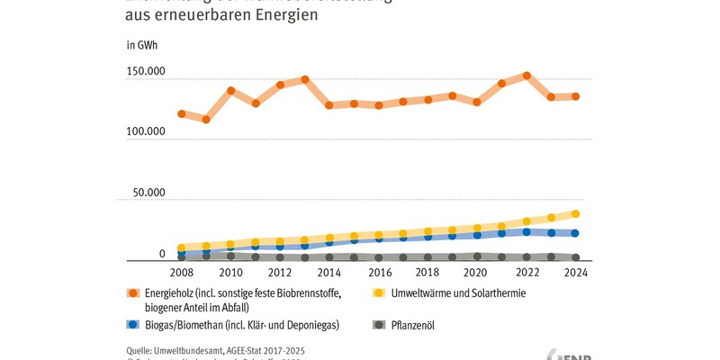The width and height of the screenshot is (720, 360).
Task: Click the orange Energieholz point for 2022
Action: coord(526,76)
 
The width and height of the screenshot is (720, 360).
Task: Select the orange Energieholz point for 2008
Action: coord(182,114)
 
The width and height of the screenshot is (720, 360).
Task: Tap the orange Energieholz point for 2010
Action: coord(231,91)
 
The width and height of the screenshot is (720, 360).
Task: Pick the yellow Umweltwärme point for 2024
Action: coord(575,214)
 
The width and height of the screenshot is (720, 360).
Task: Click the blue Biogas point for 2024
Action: coord(575,233)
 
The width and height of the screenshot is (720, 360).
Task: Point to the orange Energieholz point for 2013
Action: coord(305,79)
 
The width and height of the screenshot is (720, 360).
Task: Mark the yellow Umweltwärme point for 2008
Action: coord(182,247)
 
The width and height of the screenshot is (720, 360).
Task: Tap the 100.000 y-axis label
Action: coord(145,132)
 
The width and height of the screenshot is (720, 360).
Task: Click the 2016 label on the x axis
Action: coord(378,272)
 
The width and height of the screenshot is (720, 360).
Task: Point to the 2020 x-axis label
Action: coord(477,272)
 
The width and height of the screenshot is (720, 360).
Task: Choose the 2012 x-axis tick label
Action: coord(280,272)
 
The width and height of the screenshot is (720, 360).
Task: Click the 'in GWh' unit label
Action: coord(141,44)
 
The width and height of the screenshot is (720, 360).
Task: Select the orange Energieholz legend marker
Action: coord(133,293)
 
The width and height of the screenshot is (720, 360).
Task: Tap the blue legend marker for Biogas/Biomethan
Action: coord(133,323)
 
